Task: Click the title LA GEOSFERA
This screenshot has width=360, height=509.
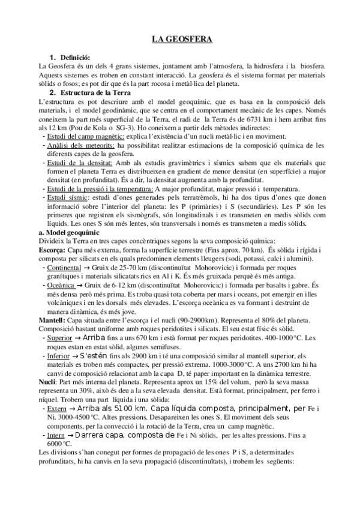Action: click(179, 40)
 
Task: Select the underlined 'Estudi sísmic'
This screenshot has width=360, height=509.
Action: click(65, 196)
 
